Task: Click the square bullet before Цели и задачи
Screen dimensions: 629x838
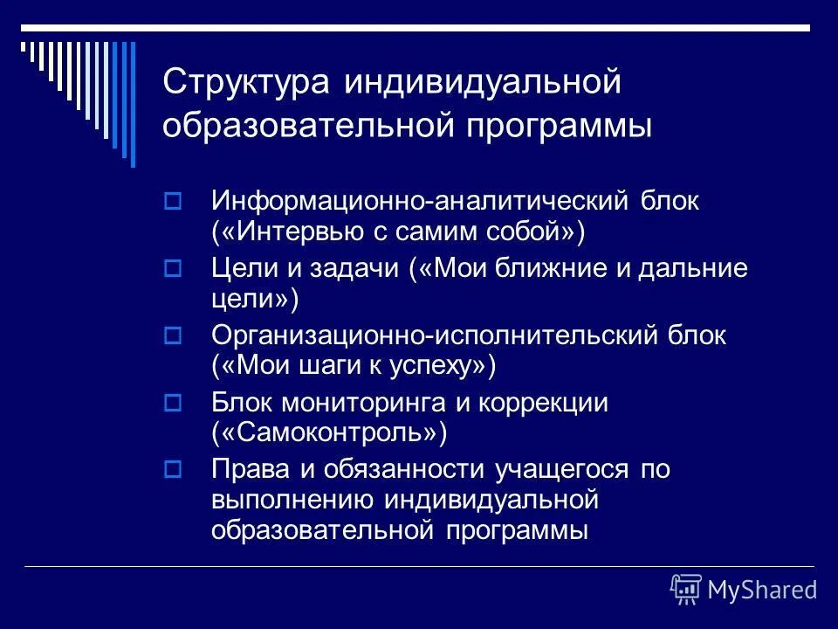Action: tap(172, 267)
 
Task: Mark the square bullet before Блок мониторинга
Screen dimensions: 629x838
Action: tap(172, 402)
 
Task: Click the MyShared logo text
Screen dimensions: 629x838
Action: tap(762, 590)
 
